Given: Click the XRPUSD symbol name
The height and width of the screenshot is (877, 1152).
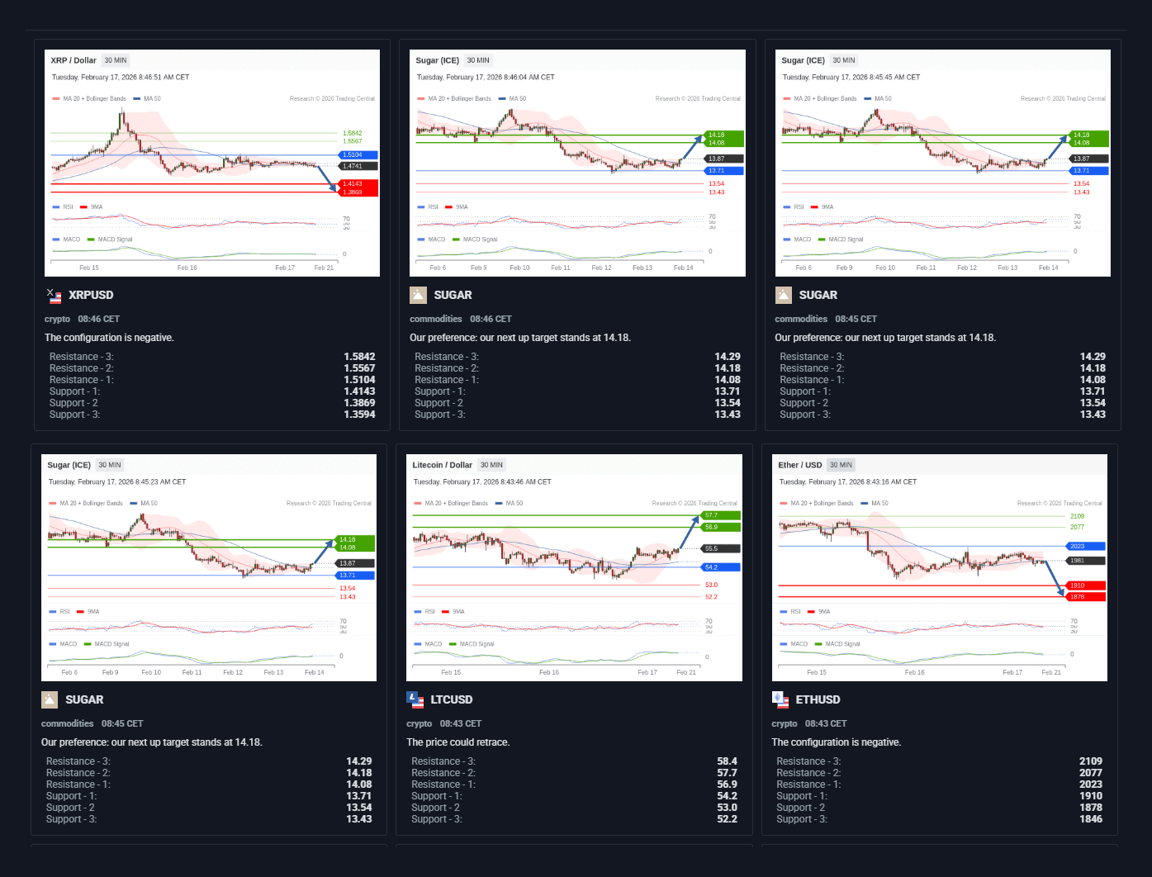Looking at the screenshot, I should [91, 295].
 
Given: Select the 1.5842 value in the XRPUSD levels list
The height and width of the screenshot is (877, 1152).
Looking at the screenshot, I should [359, 357].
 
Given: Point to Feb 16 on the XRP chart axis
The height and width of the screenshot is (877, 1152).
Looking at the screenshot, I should [187, 268].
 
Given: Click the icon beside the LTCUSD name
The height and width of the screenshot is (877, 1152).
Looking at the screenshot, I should [415, 699].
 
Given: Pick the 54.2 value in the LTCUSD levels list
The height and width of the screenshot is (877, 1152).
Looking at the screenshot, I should [727, 796].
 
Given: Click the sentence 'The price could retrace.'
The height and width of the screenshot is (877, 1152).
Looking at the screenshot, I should [457, 742].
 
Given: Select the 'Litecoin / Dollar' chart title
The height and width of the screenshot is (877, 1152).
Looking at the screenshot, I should [442, 465].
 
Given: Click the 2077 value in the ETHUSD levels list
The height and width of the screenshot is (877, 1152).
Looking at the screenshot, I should [1090, 773].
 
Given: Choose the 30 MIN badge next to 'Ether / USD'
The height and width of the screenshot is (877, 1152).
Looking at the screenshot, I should [841, 465].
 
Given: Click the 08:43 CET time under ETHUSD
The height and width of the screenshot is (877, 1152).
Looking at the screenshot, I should [827, 723].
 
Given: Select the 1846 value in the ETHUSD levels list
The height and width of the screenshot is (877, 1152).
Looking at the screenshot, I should [1090, 819].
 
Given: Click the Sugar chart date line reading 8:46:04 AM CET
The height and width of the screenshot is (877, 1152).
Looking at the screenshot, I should [486, 77].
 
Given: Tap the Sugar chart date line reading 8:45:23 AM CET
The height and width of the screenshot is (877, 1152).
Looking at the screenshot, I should [117, 481].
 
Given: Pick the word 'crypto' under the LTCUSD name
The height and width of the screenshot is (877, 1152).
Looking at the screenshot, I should [420, 723].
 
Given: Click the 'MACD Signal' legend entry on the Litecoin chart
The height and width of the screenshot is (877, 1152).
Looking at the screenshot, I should [476, 644].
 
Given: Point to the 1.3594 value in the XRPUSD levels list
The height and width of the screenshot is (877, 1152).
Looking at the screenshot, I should [359, 415].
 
